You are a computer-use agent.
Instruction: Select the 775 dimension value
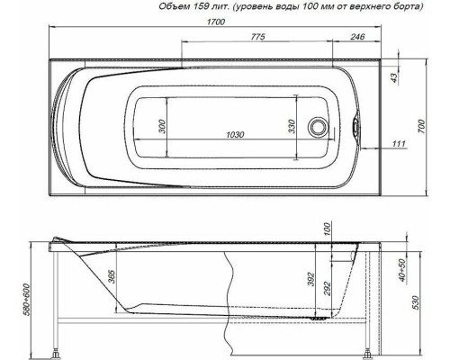256,37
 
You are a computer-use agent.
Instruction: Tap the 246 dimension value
357,37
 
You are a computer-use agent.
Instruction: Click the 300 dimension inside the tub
162,126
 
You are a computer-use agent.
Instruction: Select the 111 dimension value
399,143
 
